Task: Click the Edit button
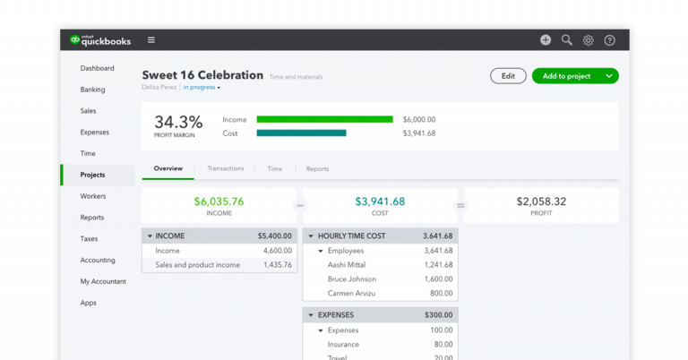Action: click(508, 76)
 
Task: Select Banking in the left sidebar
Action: click(92, 90)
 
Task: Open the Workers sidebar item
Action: click(92, 196)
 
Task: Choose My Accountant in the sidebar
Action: click(102, 281)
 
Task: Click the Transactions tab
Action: click(225, 168)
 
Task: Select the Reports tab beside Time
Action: click(317, 168)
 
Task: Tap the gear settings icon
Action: click(589, 40)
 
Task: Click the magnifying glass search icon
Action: click(567, 40)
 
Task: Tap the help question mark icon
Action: click(610, 40)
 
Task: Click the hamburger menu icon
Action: click(151, 40)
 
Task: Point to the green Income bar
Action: click(324, 119)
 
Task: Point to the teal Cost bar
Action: click(301, 133)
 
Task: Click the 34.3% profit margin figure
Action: click(178, 122)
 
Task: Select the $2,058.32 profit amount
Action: click(541, 201)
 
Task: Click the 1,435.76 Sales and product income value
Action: click(272, 265)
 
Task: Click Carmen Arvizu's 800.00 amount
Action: click(441, 294)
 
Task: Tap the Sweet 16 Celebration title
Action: click(202, 75)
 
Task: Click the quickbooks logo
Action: click(101, 40)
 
